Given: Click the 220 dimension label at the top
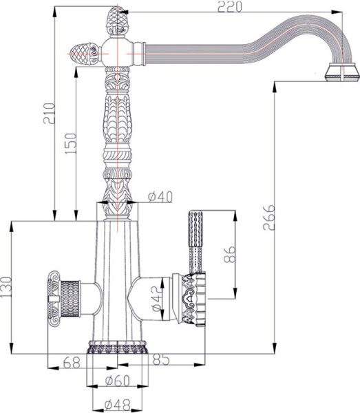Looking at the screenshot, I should [x=231, y=7].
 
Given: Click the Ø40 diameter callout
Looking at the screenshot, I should [x=160, y=197].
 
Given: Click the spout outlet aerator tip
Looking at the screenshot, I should [x=341, y=73].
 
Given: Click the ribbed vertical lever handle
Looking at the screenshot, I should [x=194, y=234].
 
